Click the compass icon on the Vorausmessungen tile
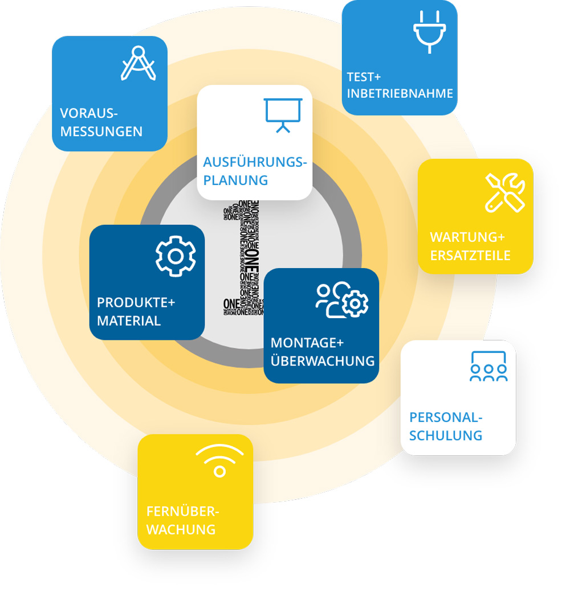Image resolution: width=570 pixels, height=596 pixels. point(139,63)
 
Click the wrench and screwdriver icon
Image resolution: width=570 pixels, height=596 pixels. point(504,193)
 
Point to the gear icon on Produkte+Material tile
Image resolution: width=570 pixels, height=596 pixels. point(176,256)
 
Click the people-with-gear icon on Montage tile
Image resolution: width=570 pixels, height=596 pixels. point(342,300)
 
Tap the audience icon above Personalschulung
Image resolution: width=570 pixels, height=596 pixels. point(488,366)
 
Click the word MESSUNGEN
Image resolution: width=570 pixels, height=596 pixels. point(101,131)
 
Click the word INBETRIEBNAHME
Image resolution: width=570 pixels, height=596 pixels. point(400,93)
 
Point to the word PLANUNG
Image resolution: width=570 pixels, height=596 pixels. point(235,180)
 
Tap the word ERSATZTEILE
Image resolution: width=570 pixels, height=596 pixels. point(470,255)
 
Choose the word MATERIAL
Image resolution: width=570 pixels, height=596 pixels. point(129,320)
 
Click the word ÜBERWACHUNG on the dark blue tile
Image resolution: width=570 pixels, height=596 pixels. point(322,361)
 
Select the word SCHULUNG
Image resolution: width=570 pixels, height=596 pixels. point(446,435)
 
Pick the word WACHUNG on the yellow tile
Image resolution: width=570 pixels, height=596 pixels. point(181,529)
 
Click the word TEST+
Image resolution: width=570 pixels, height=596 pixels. point(364,76)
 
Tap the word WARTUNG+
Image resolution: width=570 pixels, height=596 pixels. point(467,237)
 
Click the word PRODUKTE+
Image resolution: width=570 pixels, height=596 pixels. point(136,302)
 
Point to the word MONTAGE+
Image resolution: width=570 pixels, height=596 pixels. point(307,343)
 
